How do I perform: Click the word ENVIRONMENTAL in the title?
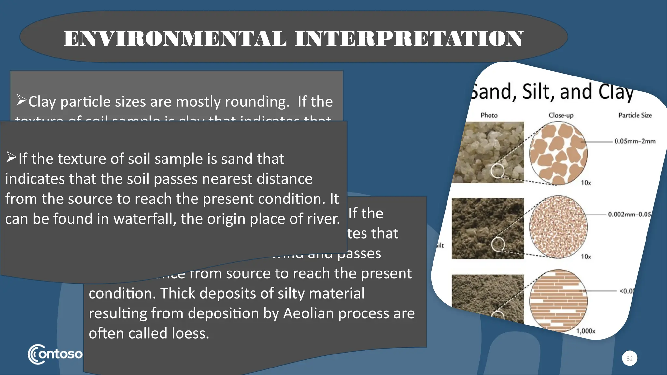pos(175,38)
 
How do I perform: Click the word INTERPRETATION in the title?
pos(409,38)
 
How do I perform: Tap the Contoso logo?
pos(55,354)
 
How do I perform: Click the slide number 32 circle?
pos(630,358)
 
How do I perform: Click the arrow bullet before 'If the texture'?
pos(11,158)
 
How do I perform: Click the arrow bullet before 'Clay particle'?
pos(21,100)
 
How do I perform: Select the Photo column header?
pos(489,115)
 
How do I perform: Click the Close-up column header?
pos(561,115)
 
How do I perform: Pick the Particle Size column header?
pos(635,115)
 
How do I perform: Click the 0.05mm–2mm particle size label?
pos(635,141)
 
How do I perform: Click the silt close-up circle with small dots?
pos(558,227)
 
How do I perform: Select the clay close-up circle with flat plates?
pos(558,300)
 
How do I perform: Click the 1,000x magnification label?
pos(586,331)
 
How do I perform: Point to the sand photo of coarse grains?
pos(488,152)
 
